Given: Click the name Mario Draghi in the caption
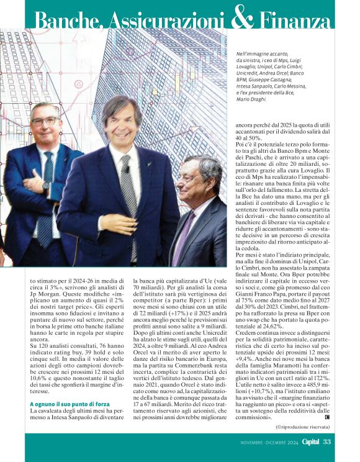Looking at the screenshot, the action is (251, 99).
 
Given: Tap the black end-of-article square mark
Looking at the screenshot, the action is (326, 417).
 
